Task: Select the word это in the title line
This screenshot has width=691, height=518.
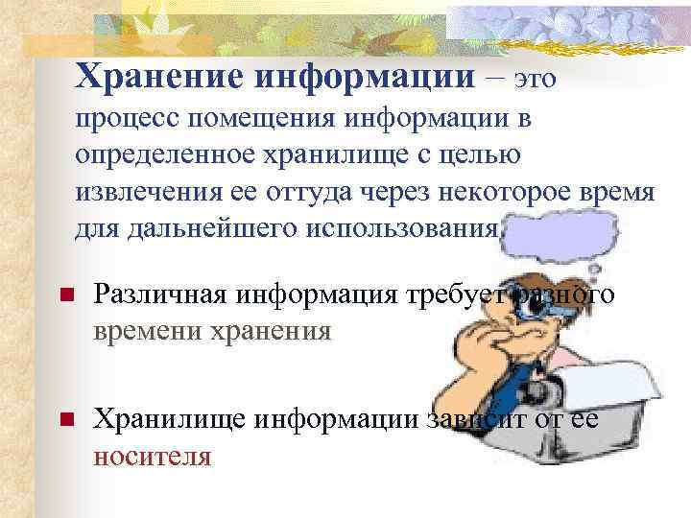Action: pyautogui.click(x=536, y=79)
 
